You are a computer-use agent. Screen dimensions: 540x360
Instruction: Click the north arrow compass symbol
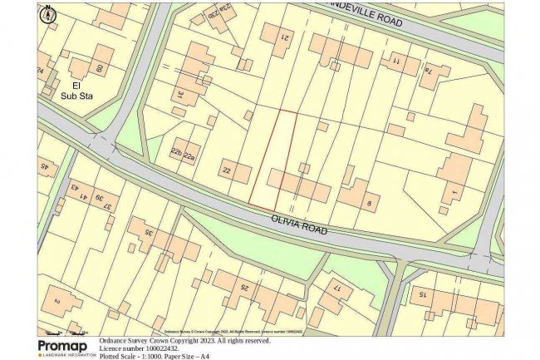pos(47,13)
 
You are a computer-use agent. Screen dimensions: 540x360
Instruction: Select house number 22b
pos(175,151)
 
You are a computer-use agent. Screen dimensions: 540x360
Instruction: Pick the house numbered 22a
pos(190,155)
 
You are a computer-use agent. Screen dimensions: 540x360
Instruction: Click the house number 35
pos(148,232)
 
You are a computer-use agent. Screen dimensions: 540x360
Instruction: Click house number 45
pos(43,167)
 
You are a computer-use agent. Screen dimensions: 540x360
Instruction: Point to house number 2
pos(56,301)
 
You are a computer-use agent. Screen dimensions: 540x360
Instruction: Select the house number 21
pos(283,37)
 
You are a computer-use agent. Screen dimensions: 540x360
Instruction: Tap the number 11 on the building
pos(396,62)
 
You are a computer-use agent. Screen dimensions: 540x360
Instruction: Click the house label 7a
pos(430,72)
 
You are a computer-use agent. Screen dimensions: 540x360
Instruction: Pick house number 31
pos(178,94)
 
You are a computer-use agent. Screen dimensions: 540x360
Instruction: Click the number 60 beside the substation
pos(99,68)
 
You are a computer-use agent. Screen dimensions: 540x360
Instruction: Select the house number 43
pos(74,187)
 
